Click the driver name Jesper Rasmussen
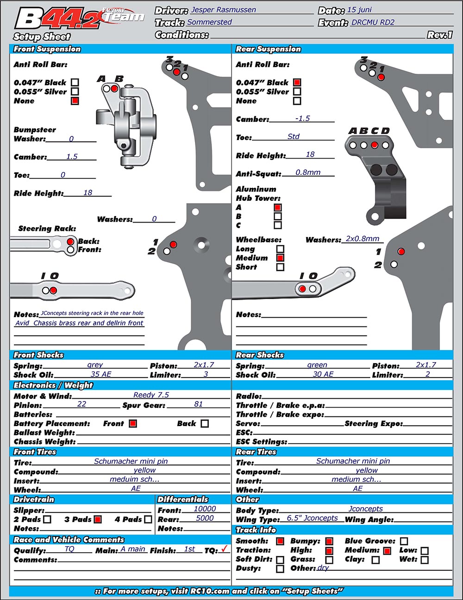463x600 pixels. click(223, 10)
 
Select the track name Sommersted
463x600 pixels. click(209, 22)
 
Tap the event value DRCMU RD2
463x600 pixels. click(373, 22)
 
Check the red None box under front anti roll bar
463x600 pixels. click(75, 101)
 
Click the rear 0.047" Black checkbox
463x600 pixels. click(297, 83)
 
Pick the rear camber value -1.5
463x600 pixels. click(302, 118)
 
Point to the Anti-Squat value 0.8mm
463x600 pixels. click(308, 172)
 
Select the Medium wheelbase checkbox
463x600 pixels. click(280, 258)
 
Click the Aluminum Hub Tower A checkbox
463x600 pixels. click(278, 207)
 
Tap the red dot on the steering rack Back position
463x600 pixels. click(70, 242)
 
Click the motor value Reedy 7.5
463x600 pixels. click(151, 395)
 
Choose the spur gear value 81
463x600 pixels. click(198, 404)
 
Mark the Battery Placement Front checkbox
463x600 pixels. click(133, 423)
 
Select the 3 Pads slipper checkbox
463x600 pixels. click(98, 519)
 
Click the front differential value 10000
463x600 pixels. click(205, 509)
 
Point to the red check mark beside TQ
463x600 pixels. click(225, 549)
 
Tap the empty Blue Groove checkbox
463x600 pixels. click(404, 541)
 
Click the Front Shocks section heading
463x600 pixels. click(38, 355)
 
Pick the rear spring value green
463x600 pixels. click(317, 365)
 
